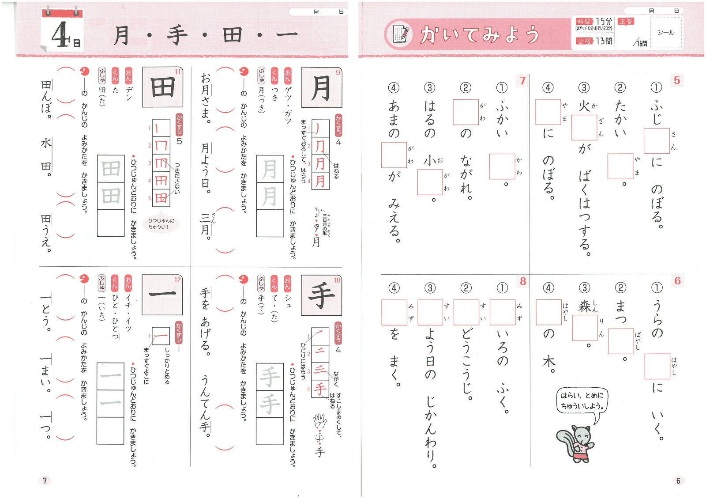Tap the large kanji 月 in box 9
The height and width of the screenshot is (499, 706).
321,88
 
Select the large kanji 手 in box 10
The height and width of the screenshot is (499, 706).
321,295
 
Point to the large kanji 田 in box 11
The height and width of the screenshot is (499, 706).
162,87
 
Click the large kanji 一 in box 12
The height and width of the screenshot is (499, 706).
162,293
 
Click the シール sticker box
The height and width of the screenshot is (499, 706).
665,33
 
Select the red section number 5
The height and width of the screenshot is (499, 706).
676,80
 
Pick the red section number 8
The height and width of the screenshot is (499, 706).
523,281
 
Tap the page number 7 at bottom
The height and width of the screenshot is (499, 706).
45,480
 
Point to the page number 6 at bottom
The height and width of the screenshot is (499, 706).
678,480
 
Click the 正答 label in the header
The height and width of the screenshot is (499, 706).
626,21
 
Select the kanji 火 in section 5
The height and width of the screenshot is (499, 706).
583,106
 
